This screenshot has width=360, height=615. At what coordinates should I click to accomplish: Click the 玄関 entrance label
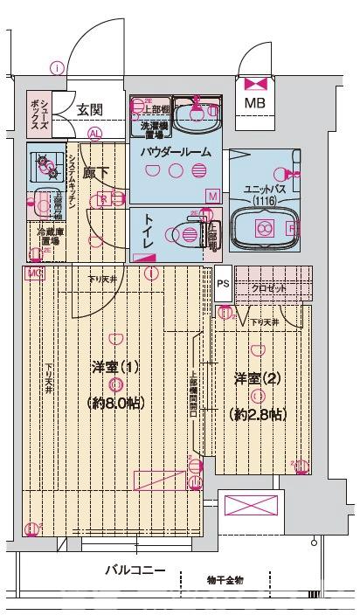[90, 110]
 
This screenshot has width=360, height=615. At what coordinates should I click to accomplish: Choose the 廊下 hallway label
[96, 174]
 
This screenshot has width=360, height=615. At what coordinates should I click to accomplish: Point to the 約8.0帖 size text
[115, 403]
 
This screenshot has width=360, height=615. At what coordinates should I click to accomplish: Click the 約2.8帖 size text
[257, 413]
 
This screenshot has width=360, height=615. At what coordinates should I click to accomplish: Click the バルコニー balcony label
[135, 570]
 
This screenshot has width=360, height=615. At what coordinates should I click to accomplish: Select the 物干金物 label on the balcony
[225, 579]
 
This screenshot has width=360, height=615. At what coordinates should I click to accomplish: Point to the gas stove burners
[44, 162]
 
